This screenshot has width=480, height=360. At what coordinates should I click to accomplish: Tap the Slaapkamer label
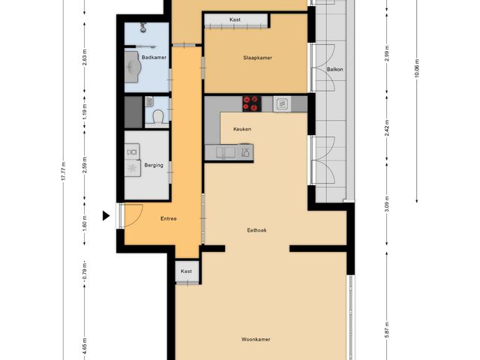256,58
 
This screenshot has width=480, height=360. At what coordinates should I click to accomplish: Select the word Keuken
241,129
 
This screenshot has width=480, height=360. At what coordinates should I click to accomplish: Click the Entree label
169,219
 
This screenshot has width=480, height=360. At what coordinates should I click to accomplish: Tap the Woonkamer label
256,339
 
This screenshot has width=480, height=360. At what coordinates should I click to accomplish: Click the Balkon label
334,70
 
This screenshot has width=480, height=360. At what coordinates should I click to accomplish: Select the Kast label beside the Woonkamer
186,271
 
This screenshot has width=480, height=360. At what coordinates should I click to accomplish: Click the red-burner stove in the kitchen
250,103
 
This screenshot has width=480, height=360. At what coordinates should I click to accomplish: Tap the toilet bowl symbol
157,117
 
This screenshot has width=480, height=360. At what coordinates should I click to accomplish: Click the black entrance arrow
106,216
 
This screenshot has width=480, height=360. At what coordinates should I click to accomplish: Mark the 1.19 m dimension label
85,111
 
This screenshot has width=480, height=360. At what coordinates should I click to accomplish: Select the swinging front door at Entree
132,216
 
